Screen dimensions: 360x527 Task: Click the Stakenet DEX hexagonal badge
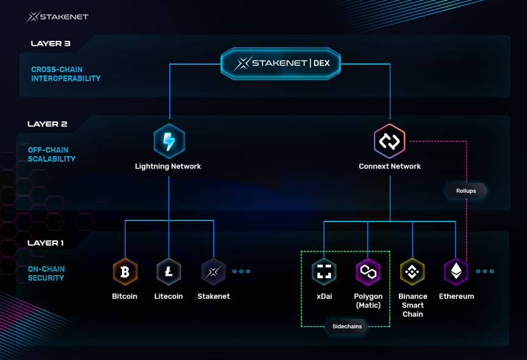coord(280,62)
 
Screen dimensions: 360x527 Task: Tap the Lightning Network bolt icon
coord(169,141)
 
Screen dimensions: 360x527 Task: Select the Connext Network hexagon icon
coord(389,141)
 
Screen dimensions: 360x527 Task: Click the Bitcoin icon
coord(125,272)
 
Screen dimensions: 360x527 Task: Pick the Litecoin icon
coord(169,272)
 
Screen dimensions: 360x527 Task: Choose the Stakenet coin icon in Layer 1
coord(213,272)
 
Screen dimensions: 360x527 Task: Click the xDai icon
coord(324,272)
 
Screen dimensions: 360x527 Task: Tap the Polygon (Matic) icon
coord(368,272)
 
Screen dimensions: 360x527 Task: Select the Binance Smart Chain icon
coord(412,272)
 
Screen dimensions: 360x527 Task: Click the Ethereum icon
coord(456,272)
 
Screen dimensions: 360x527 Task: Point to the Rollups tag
coord(466,191)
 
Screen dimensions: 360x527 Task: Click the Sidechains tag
coord(346,326)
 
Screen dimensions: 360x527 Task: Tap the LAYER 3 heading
coord(55,44)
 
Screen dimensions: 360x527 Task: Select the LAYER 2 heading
coord(48,124)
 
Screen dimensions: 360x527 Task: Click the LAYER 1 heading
coord(46,243)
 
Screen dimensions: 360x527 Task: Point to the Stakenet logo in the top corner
coord(57,16)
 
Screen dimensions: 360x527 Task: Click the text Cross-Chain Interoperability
coord(66,74)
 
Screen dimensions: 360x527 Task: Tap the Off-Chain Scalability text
coord(52,154)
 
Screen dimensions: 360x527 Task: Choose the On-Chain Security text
coord(46,273)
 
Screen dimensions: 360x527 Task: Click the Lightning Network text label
coord(168,167)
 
